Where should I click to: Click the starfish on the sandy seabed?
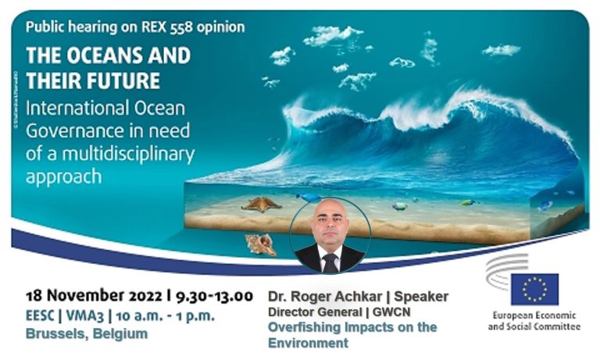(261, 204)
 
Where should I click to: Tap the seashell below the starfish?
(261, 244)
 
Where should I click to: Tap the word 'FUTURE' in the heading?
(125, 80)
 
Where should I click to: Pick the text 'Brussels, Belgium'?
(87, 333)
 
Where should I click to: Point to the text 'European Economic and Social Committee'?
(534, 321)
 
